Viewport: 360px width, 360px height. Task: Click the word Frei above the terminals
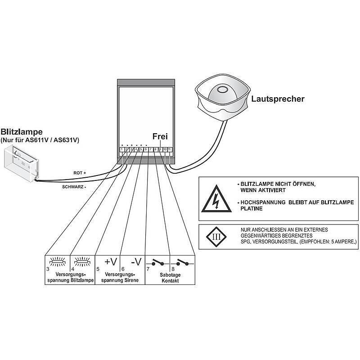coord(160,136)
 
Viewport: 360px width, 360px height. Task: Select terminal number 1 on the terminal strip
coord(122,149)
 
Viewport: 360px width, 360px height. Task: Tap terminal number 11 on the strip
coord(169,149)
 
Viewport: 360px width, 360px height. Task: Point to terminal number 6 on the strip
coord(146,149)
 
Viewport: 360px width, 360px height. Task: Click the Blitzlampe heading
coord(22,132)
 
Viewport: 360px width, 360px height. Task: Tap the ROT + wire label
coord(80,173)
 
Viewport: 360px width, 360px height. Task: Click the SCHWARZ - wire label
coord(73,185)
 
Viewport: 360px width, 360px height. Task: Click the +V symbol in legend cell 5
coord(110,261)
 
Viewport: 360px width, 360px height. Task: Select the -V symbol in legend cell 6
coord(135,261)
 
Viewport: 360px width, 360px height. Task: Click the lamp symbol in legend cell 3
coord(57,261)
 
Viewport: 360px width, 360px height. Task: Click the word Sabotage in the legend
coord(170,274)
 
